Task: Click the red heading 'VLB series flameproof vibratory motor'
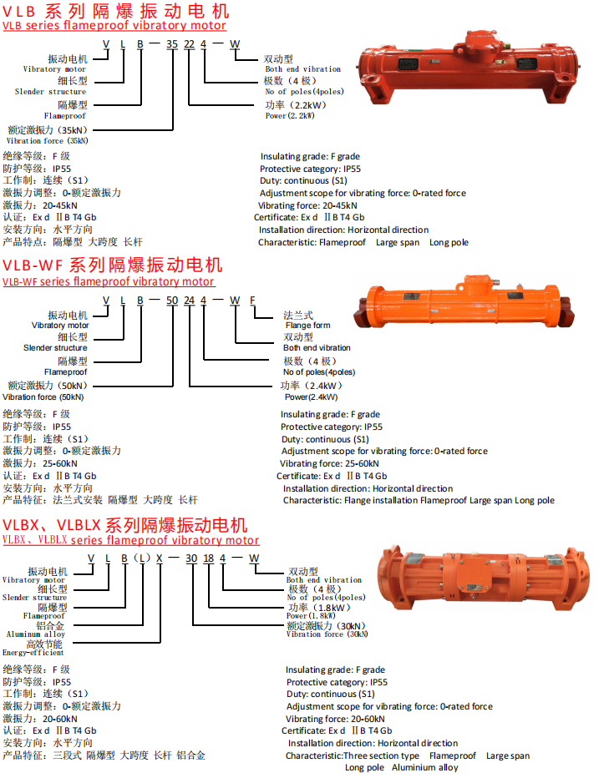[114, 25]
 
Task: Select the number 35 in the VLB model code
[172, 44]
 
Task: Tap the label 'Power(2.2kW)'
[290, 115]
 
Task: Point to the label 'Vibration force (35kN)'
[48, 141]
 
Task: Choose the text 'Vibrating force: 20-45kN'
[307, 205]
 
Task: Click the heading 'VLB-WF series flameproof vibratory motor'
[109, 282]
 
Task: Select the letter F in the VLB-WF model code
[252, 301]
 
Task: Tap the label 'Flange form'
[308, 326]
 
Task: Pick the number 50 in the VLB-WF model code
[172, 301]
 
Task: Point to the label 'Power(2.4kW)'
[312, 397]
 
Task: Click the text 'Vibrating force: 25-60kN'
[329, 463]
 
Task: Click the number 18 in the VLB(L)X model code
[209, 558]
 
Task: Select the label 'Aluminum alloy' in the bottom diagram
[36, 634]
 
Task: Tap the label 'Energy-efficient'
[33, 653]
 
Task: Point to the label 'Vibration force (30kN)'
[327, 634]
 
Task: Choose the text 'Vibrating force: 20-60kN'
[335, 719]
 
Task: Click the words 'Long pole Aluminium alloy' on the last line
[402, 768]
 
